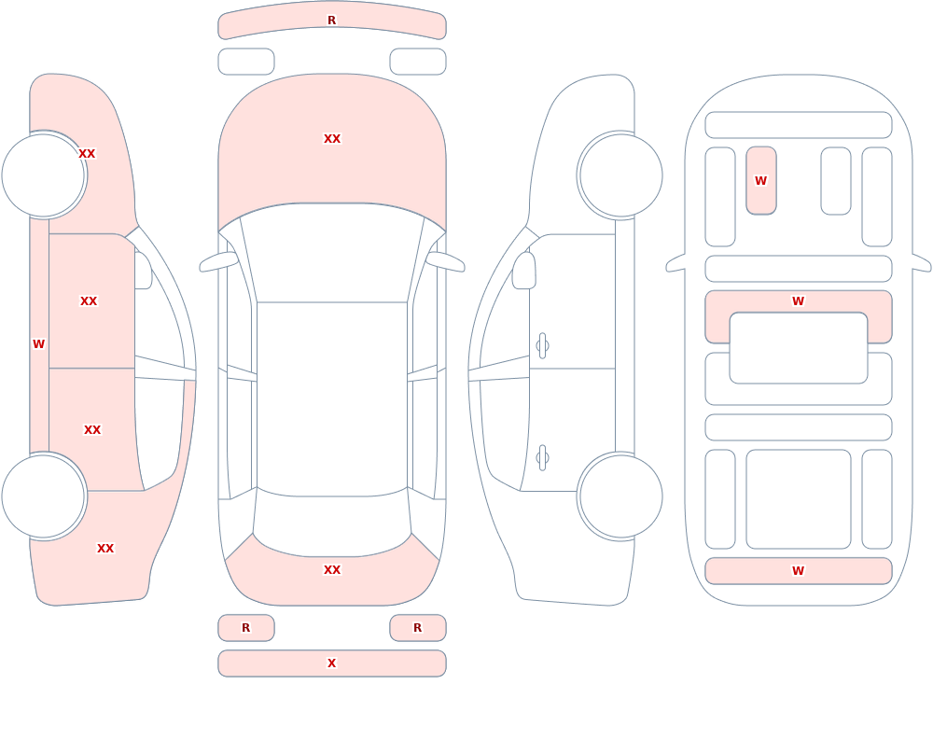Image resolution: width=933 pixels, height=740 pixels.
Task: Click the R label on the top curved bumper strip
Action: tap(331, 21)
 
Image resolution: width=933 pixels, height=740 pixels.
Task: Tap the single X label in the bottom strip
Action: tap(331, 663)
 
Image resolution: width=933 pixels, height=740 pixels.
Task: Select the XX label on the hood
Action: tap(332, 139)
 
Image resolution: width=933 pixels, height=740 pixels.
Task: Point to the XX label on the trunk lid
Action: tap(332, 570)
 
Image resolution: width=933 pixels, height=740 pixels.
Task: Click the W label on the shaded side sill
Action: tap(38, 344)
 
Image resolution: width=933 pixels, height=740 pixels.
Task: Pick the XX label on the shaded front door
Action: tap(89, 301)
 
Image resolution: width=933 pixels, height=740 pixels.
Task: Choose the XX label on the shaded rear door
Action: tap(92, 430)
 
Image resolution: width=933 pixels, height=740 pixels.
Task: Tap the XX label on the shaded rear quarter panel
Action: tap(105, 549)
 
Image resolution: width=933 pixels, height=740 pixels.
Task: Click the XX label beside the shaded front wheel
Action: tap(87, 154)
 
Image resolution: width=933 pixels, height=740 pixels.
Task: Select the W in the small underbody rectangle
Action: tap(760, 180)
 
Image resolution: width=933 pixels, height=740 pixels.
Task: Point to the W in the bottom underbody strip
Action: tap(798, 571)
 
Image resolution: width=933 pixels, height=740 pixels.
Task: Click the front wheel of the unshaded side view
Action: tap(620, 175)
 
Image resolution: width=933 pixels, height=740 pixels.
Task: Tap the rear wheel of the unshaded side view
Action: tap(620, 496)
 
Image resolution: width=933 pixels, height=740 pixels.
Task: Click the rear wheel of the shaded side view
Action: tap(44, 496)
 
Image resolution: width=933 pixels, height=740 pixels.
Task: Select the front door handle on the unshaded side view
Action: tap(542, 346)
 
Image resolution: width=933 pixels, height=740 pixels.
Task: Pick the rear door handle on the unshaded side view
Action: tap(542, 458)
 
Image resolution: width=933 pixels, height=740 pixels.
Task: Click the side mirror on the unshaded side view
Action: tap(523, 271)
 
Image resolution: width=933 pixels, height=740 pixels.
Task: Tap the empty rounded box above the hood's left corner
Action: tap(245, 62)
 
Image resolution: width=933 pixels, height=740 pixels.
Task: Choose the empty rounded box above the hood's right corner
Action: tap(418, 62)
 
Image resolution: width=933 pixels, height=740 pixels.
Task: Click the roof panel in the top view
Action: tap(332, 398)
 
